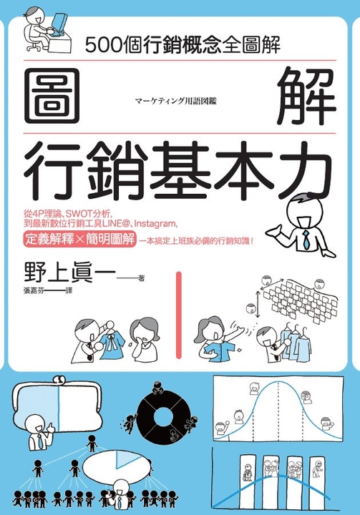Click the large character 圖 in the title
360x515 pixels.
click(x=52, y=96)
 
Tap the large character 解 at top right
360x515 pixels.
click(x=306, y=96)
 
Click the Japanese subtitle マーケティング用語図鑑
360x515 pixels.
click(x=176, y=101)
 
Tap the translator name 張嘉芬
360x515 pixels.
click(x=34, y=290)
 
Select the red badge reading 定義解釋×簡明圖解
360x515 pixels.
click(x=79, y=239)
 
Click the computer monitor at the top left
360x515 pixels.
click(x=59, y=24)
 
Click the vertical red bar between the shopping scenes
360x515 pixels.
click(x=179, y=315)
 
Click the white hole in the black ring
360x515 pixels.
click(x=163, y=417)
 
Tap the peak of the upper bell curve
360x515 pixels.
click(x=278, y=383)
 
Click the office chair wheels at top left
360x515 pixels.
click(x=33, y=48)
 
